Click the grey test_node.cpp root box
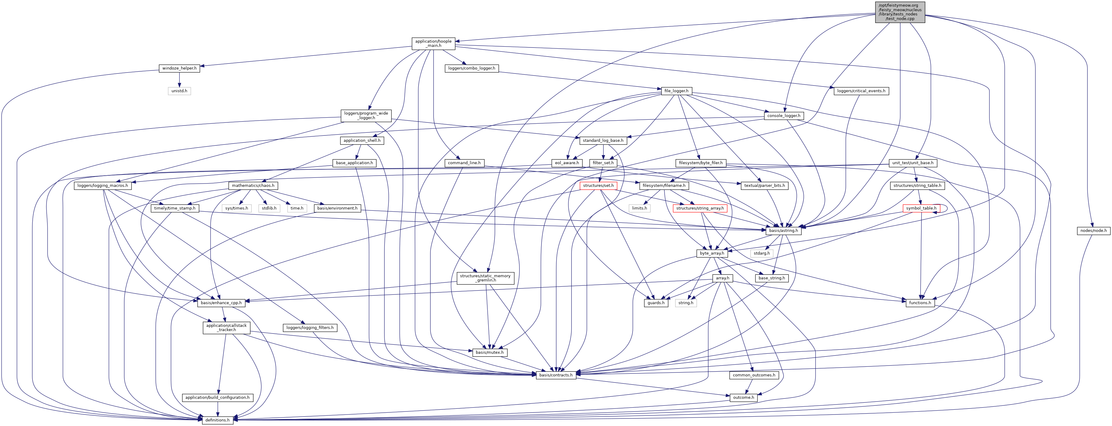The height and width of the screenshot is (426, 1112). pos(900,12)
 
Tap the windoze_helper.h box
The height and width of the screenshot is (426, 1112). pos(179,68)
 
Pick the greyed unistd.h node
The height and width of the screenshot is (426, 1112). pos(179,91)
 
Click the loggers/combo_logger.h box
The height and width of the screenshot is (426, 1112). pos(471,68)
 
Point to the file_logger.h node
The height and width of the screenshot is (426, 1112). pos(676,91)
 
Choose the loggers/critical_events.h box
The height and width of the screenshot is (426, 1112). pos(861,91)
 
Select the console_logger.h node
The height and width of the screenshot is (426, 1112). pos(783,116)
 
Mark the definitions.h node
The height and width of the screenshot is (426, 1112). pos(217,420)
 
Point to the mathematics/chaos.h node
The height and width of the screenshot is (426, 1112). pos(253,186)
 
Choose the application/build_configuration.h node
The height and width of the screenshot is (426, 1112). pos(217,398)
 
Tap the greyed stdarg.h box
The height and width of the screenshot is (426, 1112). pos(761,253)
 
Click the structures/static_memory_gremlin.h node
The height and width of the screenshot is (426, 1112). pos(485,278)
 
